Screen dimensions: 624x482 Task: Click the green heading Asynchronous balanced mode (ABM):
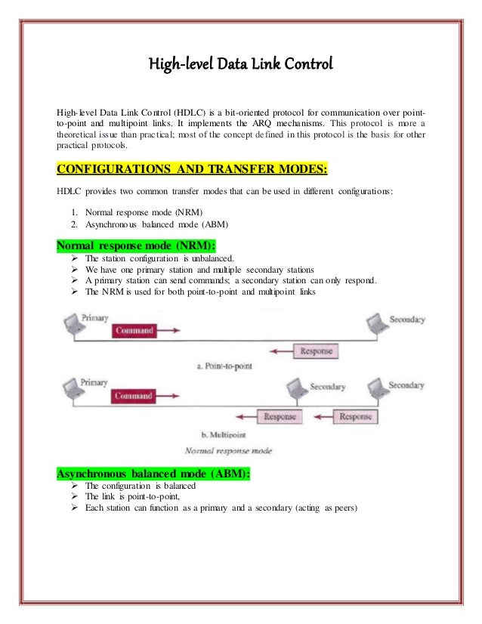click(x=154, y=474)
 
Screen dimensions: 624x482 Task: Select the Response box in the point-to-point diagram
click(x=317, y=351)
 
